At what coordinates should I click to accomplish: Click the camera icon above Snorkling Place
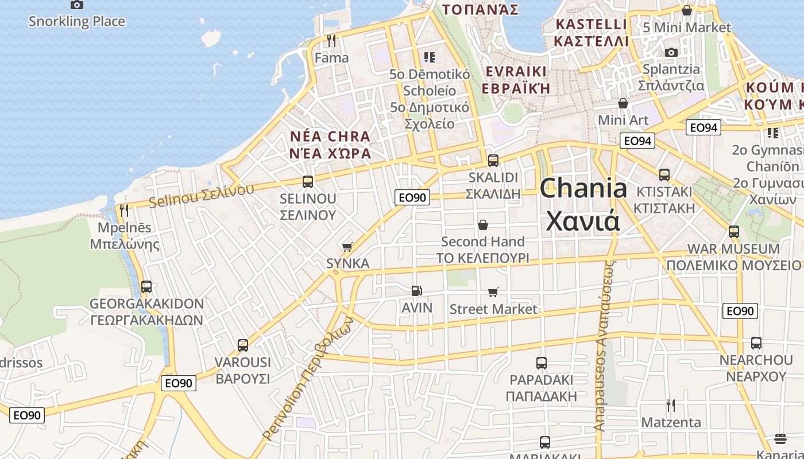pyautogui.click(x=76, y=5)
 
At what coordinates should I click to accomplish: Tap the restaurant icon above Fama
pyautogui.click(x=331, y=41)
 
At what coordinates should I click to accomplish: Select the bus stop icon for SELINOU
pyautogui.click(x=308, y=182)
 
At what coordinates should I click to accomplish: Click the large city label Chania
pyautogui.click(x=583, y=188)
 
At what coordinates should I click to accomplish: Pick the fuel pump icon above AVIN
pyautogui.click(x=417, y=291)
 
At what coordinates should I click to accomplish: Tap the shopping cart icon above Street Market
pyautogui.click(x=493, y=293)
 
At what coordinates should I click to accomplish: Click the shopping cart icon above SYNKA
pyautogui.click(x=347, y=247)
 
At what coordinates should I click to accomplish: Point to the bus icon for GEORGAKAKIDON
pyautogui.click(x=146, y=286)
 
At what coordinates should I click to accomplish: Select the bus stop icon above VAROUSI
pyautogui.click(x=243, y=345)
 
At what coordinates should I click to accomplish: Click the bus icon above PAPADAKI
pyautogui.click(x=541, y=363)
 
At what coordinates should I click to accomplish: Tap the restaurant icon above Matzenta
pyautogui.click(x=670, y=406)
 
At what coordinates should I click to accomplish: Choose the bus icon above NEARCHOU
pyautogui.click(x=756, y=343)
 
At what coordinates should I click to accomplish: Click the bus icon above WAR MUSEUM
pyautogui.click(x=733, y=232)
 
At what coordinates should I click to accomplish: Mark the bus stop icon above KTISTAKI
pyautogui.click(x=664, y=175)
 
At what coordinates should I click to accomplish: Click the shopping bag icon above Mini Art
pyautogui.click(x=623, y=103)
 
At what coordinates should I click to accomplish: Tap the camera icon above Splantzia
pyautogui.click(x=671, y=53)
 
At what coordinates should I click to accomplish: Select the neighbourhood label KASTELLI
pyautogui.click(x=591, y=25)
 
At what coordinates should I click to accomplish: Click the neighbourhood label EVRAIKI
pyautogui.click(x=515, y=71)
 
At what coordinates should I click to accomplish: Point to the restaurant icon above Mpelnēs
pyautogui.click(x=124, y=211)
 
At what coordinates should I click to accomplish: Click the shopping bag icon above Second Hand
pyautogui.click(x=482, y=224)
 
